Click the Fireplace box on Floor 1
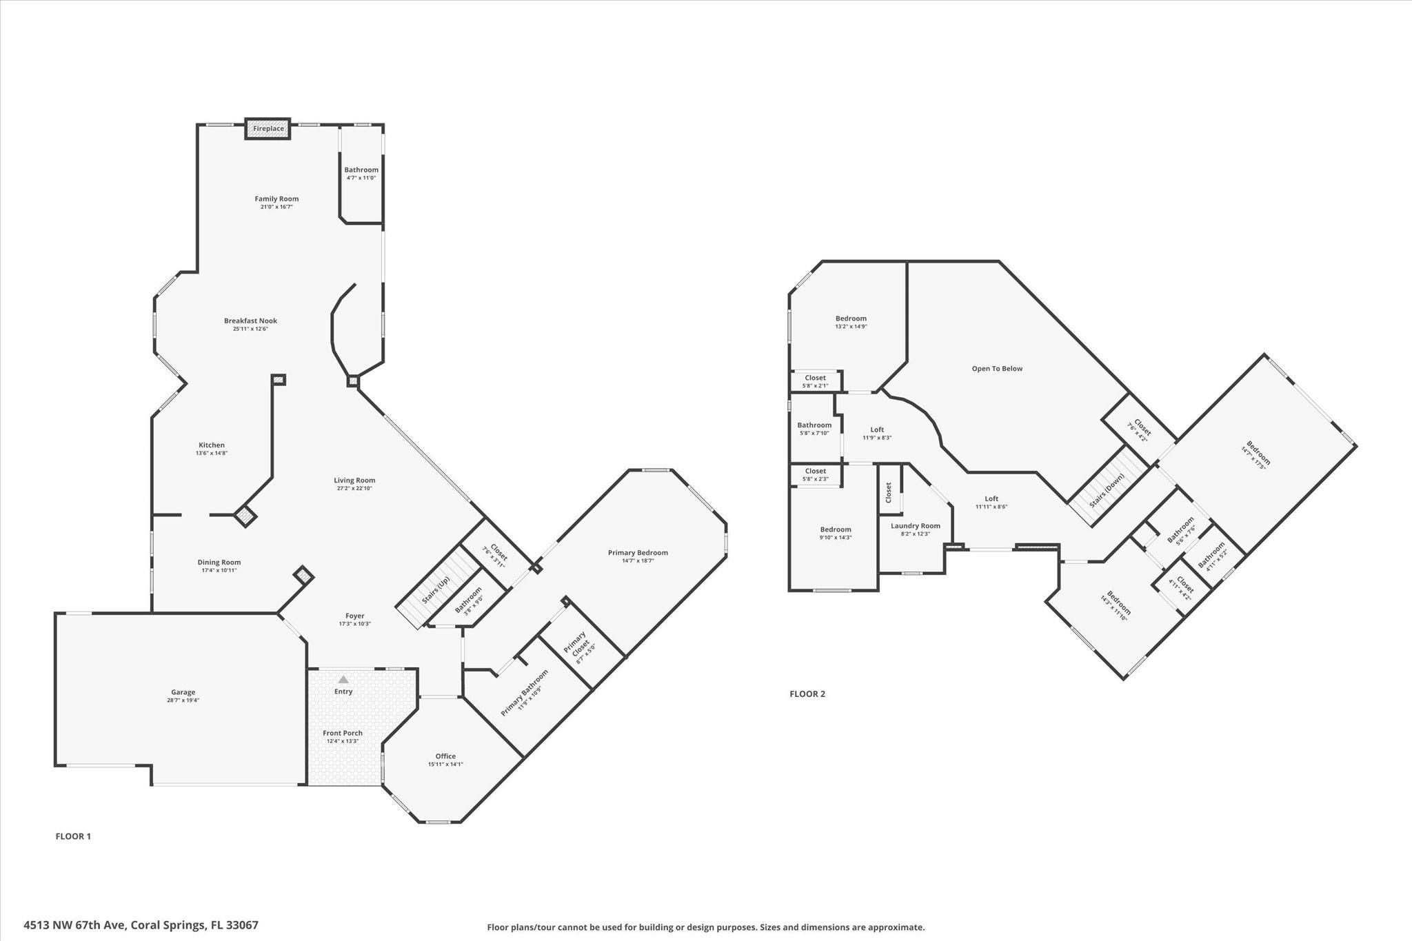pyautogui.click(x=268, y=129)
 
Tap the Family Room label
pyautogui.click(x=276, y=199)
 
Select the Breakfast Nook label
pyautogui.click(x=250, y=321)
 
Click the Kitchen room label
pyautogui.click(x=212, y=445)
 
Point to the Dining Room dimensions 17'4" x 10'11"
pyautogui.click(x=219, y=570)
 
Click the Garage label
pyautogui.click(x=183, y=692)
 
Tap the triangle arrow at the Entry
pyautogui.click(x=343, y=680)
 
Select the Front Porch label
pyautogui.click(x=343, y=733)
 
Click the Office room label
pyautogui.click(x=445, y=756)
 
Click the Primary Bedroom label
pyautogui.click(x=638, y=552)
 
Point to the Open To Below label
pyautogui.click(x=997, y=369)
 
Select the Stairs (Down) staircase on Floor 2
pyautogui.click(x=1108, y=486)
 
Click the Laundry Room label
pyautogui.click(x=915, y=526)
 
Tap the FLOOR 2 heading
pyautogui.click(x=807, y=694)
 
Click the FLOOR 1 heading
pyautogui.click(x=73, y=836)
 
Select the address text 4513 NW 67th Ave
pyautogui.click(x=74, y=925)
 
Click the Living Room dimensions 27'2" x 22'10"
pyautogui.click(x=354, y=488)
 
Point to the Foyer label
pyautogui.click(x=354, y=616)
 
